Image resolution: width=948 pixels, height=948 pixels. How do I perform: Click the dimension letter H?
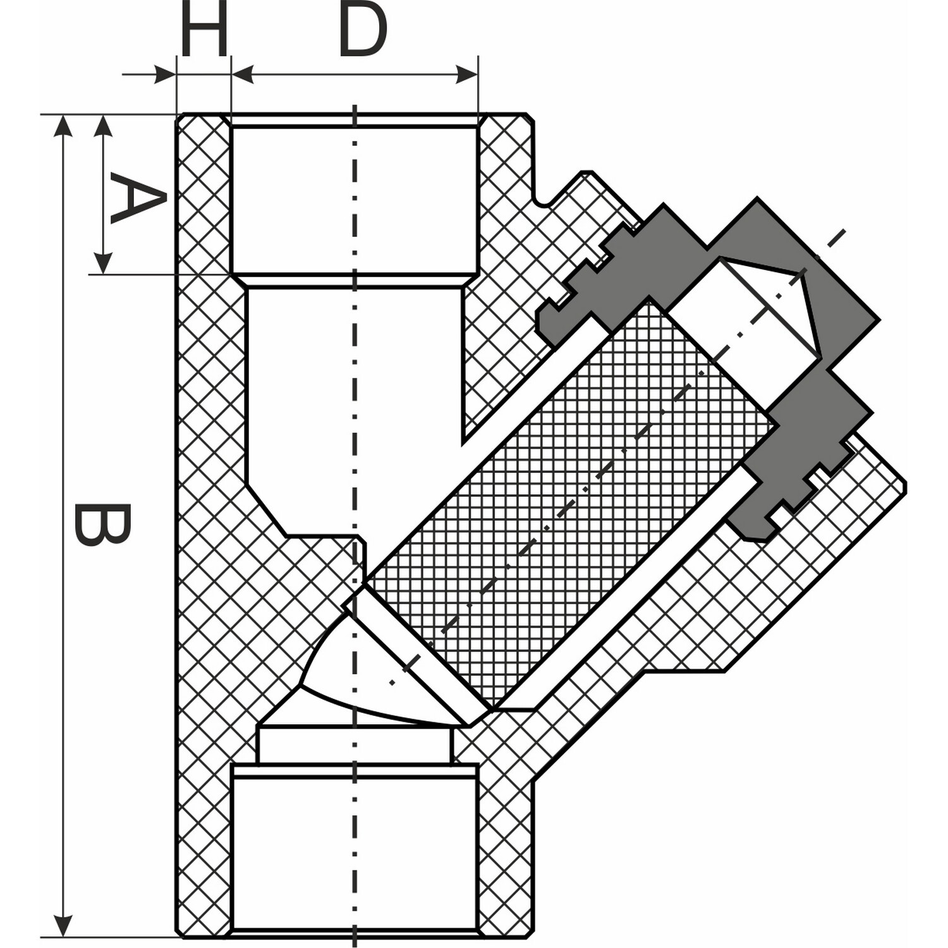click(204, 28)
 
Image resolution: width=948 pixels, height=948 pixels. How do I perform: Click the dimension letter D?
click(363, 28)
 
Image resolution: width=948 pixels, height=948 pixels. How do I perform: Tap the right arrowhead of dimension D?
click(467, 75)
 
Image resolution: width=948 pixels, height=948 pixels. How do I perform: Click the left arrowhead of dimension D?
click(243, 75)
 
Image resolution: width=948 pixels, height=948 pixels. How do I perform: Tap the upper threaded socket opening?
click(355, 199)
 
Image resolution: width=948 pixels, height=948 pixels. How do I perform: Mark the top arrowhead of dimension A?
click(103, 126)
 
